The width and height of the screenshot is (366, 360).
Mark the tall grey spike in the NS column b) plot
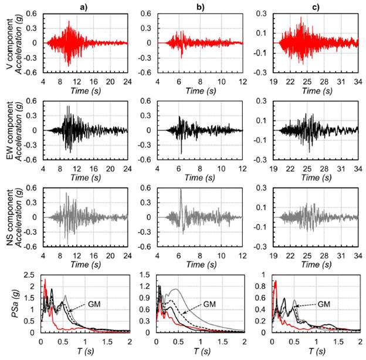point(181,190)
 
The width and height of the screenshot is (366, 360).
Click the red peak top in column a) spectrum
point(45,280)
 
